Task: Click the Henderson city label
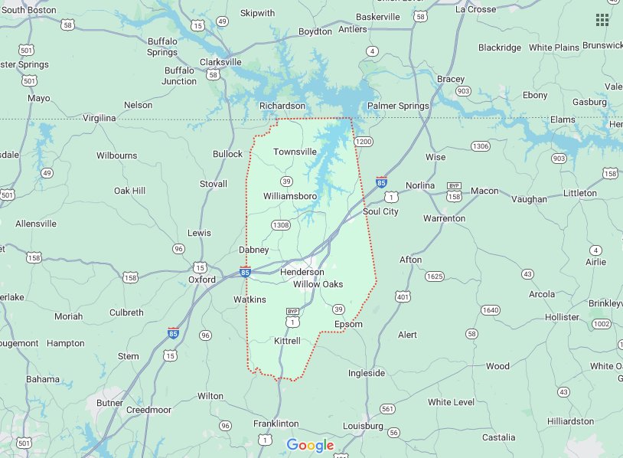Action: click(302, 272)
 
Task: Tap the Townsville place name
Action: click(295, 152)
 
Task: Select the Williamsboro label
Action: click(289, 196)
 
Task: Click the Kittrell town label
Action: click(287, 340)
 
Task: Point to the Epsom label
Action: click(348, 324)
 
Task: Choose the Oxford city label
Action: click(202, 280)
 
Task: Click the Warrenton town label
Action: click(444, 218)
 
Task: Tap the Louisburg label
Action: click(363, 425)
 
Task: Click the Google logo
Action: click(311, 445)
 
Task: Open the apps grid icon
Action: click(602, 20)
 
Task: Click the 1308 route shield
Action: click(281, 225)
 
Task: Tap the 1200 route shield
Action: click(363, 142)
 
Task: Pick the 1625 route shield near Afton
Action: click(434, 276)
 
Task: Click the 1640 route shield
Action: click(491, 310)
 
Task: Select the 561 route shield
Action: click(388, 409)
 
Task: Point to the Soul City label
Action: click(380, 211)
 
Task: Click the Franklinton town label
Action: click(276, 424)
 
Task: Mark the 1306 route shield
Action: click(480, 146)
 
